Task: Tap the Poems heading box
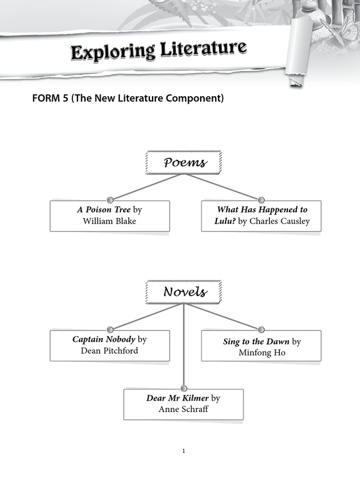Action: pyautogui.click(x=184, y=163)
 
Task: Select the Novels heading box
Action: pyautogui.click(x=184, y=292)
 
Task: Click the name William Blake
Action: pyautogui.click(x=109, y=221)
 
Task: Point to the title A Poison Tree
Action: pyautogui.click(x=104, y=210)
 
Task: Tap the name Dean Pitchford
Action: pyautogui.click(x=109, y=351)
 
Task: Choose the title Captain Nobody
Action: pyautogui.click(x=104, y=339)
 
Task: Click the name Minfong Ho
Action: pyautogui.click(x=262, y=353)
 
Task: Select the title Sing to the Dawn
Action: pyautogui.click(x=256, y=342)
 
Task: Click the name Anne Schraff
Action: pyautogui.click(x=183, y=409)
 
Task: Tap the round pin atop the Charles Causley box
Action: pyautogui.click(x=261, y=200)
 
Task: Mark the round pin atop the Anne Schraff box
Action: pyautogui.click(x=183, y=388)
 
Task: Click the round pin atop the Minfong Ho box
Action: pyautogui.click(x=261, y=330)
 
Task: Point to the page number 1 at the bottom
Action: pyautogui.click(x=184, y=451)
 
